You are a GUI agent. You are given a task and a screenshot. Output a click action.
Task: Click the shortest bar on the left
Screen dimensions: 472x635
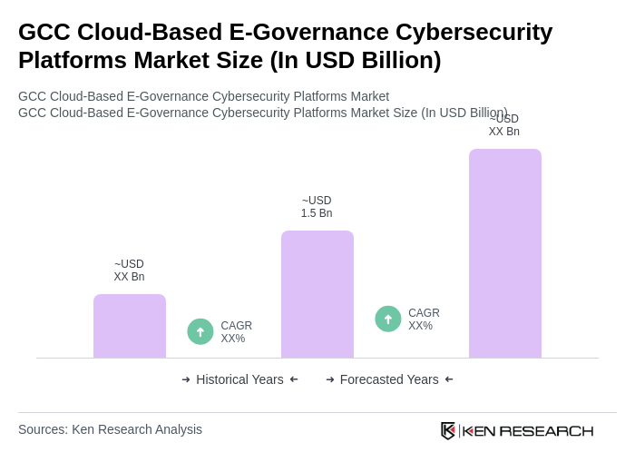[130, 326]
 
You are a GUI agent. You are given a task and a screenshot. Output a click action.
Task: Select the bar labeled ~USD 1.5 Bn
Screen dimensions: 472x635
[317, 294]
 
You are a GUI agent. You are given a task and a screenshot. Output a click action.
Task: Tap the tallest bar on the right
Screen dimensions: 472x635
[505, 253]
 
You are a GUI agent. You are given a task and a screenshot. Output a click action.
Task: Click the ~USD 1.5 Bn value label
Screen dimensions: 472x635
[317, 207]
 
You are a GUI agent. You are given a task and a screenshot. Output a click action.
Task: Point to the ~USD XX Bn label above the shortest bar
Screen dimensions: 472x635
[129, 270]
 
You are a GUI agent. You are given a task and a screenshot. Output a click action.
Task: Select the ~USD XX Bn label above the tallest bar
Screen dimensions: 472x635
[504, 126]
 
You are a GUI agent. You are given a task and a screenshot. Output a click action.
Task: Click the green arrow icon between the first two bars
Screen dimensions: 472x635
[200, 331]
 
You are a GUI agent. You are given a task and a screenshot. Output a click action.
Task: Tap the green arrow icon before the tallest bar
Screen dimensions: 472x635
[388, 319]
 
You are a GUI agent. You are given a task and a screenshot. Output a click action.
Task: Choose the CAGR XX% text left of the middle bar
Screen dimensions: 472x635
[236, 332]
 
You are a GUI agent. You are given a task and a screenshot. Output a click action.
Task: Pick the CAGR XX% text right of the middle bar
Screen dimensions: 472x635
[424, 320]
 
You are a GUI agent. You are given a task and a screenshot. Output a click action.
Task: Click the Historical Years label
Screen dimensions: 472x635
[239, 379]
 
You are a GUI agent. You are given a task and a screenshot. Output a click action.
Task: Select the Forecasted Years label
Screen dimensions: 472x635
[389, 379]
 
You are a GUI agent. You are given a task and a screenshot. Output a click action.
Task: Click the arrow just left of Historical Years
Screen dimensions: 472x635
[186, 379]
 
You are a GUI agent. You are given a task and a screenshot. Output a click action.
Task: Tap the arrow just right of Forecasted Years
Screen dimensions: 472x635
[449, 379]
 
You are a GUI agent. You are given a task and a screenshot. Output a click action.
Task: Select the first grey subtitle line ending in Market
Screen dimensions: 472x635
[203, 96]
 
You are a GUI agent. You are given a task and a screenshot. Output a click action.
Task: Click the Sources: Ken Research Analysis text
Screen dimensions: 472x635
[110, 429]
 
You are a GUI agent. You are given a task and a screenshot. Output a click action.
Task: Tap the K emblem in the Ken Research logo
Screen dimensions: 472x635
[448, 430]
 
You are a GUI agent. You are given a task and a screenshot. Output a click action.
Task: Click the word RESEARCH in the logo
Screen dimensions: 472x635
[546, 430]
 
